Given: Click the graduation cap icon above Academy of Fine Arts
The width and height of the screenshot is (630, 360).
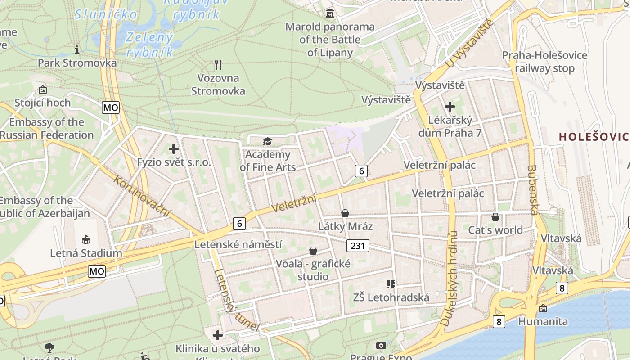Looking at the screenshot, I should [x=268, y=142].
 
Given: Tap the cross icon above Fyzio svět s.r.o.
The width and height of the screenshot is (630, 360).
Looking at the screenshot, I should [x=174, y=149].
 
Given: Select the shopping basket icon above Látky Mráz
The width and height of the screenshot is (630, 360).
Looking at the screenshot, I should [x=345, y=213].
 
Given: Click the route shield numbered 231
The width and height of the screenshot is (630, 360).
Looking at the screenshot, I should [x=358, y=246].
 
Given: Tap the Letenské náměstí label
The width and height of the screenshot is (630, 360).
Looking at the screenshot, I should [x=238, y=244].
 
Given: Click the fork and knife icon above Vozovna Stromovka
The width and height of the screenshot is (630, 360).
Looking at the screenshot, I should [x=218, y=65].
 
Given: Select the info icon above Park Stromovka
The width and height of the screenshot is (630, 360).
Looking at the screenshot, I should [x=77, y=49].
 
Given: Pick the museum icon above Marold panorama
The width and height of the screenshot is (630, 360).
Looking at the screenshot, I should [x=330, y=13].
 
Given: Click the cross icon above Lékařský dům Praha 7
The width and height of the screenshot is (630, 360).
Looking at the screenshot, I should [x=450, y=107].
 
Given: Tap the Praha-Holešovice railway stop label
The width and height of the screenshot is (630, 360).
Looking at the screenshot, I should [x=544, y=62].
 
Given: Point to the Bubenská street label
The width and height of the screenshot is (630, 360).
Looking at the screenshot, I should [x=533, y=190].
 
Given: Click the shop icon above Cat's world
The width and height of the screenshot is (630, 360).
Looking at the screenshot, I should [x=495, y=217].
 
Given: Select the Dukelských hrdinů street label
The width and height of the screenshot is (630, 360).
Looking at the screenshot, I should [x=449, y=279].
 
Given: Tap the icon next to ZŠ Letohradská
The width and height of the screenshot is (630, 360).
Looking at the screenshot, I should [x=391, y=284].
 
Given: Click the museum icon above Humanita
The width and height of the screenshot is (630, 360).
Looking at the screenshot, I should [x=543, y=308].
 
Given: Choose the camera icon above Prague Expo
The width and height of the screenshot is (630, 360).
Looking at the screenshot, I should [x=381, y=345].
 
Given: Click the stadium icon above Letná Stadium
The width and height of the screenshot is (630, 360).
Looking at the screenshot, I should [x=86, y=239].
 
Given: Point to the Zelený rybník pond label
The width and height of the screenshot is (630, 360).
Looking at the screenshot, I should [x=150, y=45].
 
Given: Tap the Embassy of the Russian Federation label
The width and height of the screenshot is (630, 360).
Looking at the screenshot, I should [x=47, y=128].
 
